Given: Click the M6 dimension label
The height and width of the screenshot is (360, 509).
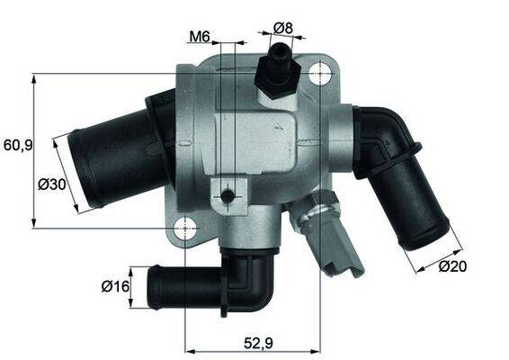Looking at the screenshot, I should pos(199,37).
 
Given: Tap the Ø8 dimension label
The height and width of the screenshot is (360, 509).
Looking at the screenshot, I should pos(283,28).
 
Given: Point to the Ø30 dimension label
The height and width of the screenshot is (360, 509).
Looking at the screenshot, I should pos(53,185).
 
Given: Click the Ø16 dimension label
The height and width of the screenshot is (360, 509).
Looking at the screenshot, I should pos(114,287).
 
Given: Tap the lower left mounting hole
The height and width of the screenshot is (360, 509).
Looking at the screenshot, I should pos(186,228).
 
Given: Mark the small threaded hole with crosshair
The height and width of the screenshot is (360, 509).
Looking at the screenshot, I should pos(228,195).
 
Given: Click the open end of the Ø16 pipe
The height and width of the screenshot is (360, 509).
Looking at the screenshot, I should pos(154,286).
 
